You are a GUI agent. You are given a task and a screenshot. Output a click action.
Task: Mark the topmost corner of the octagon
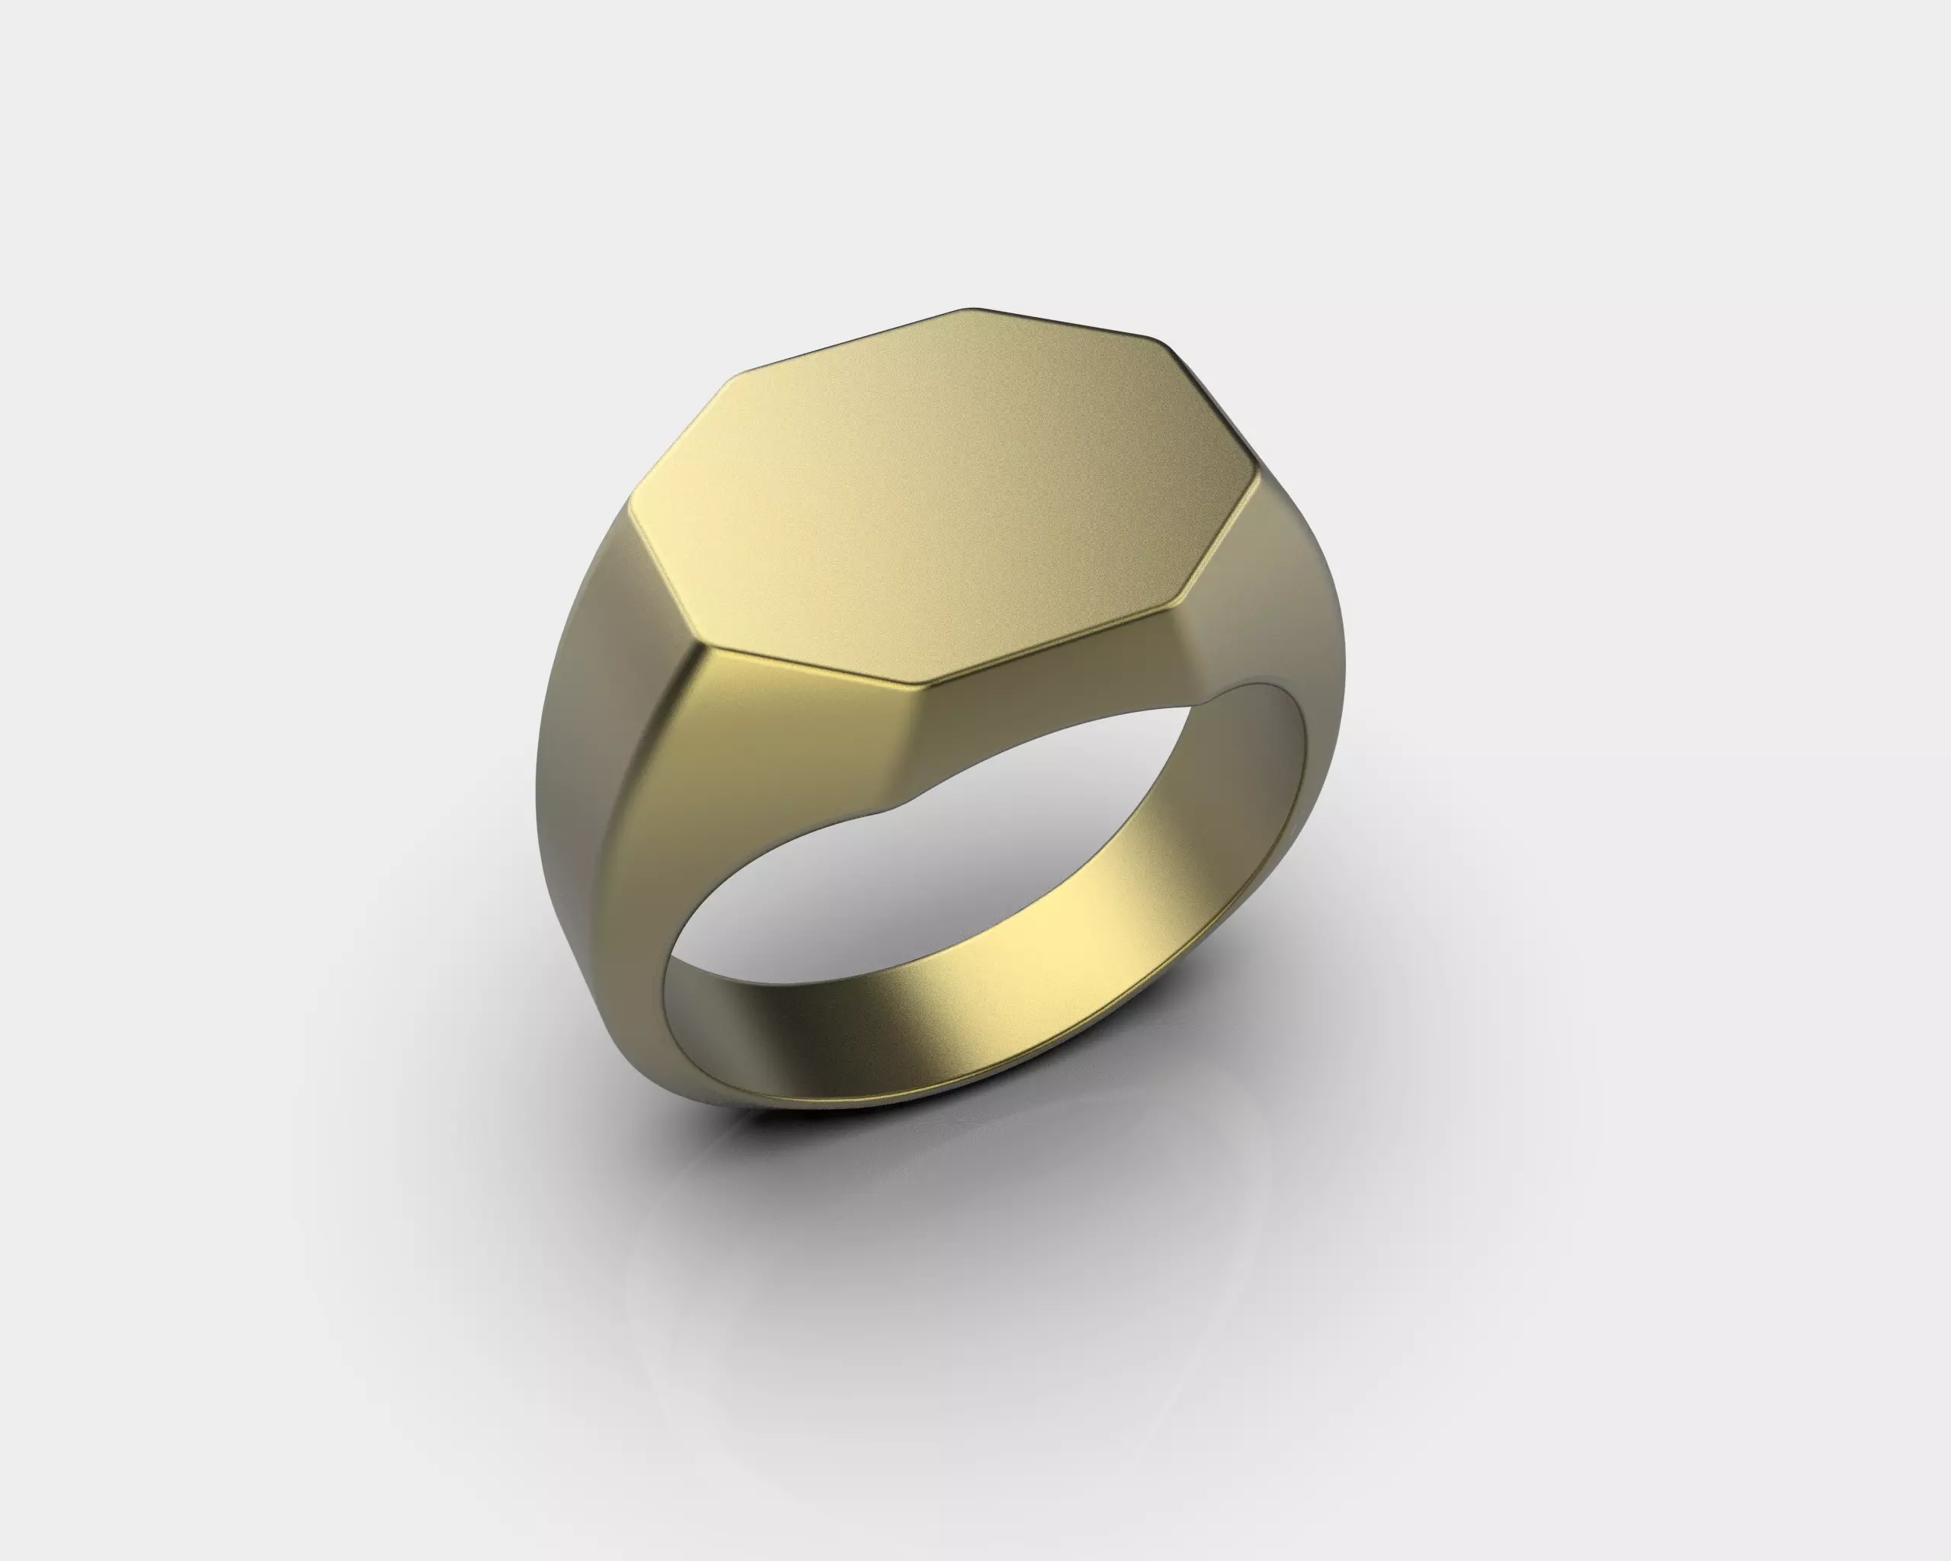point(969,309)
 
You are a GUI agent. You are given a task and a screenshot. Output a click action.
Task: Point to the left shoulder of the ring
point(588,724)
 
